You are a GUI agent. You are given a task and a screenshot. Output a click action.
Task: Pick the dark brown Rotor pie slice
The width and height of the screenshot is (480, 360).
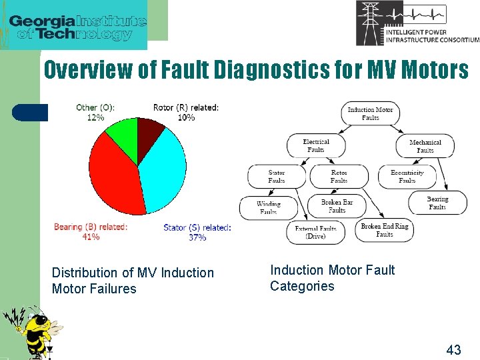pyautogui.click(x=149, y=129)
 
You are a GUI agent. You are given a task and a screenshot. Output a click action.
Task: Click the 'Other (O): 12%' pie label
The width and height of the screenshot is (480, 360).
pyautogui.click(x=95, y=112)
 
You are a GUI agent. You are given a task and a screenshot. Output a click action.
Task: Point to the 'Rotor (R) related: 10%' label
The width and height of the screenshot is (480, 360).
pyautogui.click(x=186, y=112)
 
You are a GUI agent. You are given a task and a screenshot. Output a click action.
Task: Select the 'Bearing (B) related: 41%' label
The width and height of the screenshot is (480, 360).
pyautogui.click(x=91, y=231)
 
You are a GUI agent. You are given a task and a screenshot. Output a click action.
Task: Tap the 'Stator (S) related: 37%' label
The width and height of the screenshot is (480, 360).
pyautogui.click(x=197, y=232)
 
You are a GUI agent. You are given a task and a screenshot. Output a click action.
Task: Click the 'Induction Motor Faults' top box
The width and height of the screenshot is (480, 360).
pyautogui.click(x=371, y=113)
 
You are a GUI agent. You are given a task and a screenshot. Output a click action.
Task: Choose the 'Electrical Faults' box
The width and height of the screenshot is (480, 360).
pyautogui.click(x=316, y=145)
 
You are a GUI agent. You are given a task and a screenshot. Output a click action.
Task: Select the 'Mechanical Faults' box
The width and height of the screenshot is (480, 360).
pyautogui.click(x=425, y=146)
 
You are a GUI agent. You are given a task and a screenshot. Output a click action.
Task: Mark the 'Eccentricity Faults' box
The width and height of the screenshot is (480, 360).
pyautogui.click(x=407, y=176)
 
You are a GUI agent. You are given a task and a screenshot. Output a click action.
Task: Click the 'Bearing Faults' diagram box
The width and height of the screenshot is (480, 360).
pyautogui.click(x=437, y=203)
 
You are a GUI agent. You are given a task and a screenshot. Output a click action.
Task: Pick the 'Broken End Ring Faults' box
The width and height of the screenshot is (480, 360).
pyautogui.click(x=385, y=230)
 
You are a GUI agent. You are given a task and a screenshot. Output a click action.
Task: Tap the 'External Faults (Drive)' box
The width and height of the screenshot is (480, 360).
pyautogui.click(x=315, y=231)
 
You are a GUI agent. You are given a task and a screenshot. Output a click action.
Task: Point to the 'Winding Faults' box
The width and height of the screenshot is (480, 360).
pyautogui.click(x=268, y=207)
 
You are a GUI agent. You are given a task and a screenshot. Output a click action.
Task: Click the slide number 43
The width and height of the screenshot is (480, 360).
pyautogui.click(x=453, y=349)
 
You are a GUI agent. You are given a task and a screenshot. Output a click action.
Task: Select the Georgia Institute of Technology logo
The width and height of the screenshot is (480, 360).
pyautogui.click(x=78, y=25)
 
